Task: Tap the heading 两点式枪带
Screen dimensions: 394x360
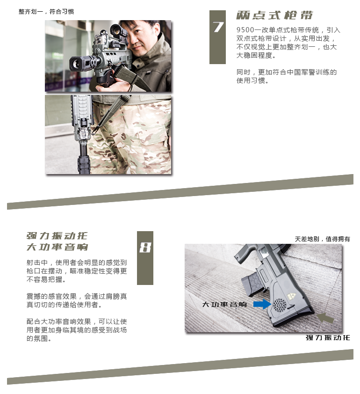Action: click(x=274, y=15)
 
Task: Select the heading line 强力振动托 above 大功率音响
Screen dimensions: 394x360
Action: click(x=57, y=235)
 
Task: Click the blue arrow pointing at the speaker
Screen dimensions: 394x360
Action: click(x=262, y=304)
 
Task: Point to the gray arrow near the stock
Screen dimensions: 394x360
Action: click(x=325, y=318)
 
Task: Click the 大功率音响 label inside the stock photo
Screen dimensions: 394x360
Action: click(x=224, y=305)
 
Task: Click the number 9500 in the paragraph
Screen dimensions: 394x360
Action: click(x=246, y=30)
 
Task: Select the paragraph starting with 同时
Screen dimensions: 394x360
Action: click(x=287, y=76)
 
